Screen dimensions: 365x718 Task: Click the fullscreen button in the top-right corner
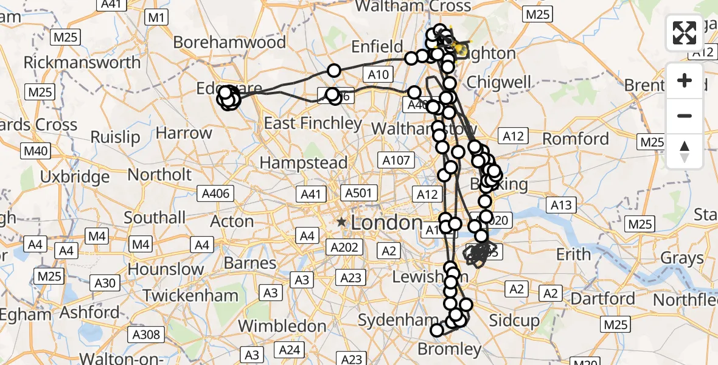click(x=685, y=33)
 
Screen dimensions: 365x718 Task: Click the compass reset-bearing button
click(x=685, y=151)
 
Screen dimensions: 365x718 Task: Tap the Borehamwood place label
click(x=229, y=43)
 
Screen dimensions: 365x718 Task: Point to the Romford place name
click(x=576, y=139)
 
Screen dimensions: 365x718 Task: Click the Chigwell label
click(x=498, y=82)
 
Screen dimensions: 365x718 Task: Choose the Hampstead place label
click(x=304, y=163)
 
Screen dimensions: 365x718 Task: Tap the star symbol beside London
click(x=342, y=223)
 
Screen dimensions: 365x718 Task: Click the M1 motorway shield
click(x=157, y=18)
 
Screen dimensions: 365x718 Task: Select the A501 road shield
click(x=358, y=193)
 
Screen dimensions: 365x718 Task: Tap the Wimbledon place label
click(x=282, y=325)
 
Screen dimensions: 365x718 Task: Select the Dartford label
click(x=604, y=299)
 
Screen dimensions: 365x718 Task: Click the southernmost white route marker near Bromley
click(x=437, y=330)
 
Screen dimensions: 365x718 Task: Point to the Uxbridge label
click(x=76, y=178)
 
